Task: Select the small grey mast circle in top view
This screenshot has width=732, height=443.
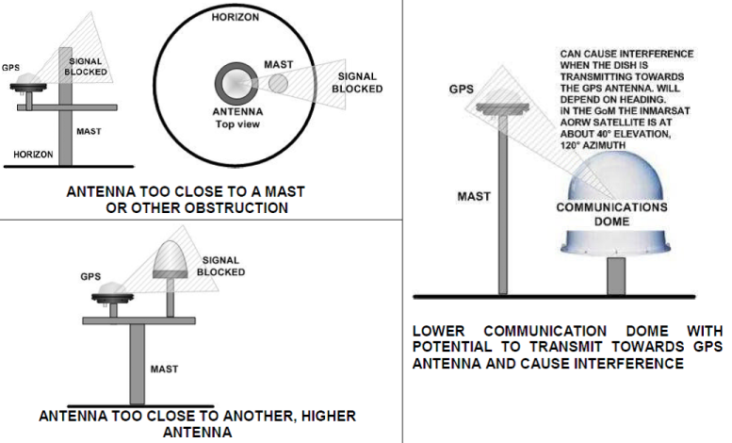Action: coord(280,84)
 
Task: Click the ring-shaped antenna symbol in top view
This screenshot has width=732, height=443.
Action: coord(232,82)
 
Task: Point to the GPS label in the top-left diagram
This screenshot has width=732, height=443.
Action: coord(11,69)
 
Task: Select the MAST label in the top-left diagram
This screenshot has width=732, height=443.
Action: coord(89,131)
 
